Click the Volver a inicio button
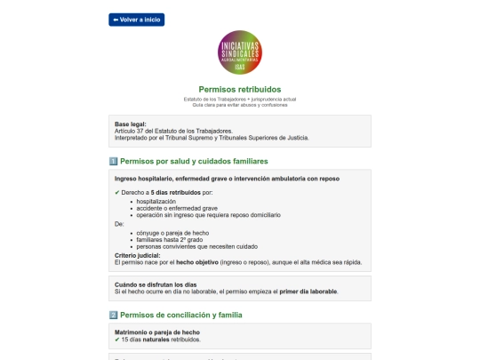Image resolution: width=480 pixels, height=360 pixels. tap(136, 20)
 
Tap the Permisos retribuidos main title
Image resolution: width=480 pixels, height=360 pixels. tap(239, 89)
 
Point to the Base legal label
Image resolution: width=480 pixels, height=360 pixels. tap(131, 124)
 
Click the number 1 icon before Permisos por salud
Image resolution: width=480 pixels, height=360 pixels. tap(113, 161)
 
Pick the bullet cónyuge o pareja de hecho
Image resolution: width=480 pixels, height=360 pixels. tap(169, 233)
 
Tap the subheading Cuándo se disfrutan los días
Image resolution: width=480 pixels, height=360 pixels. tap(156, 284)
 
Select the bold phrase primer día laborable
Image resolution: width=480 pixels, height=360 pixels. tap(306, 291)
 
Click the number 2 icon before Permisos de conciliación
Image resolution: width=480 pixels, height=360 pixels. tap(113, 315)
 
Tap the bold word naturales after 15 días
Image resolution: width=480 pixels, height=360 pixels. tap(160, 340)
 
